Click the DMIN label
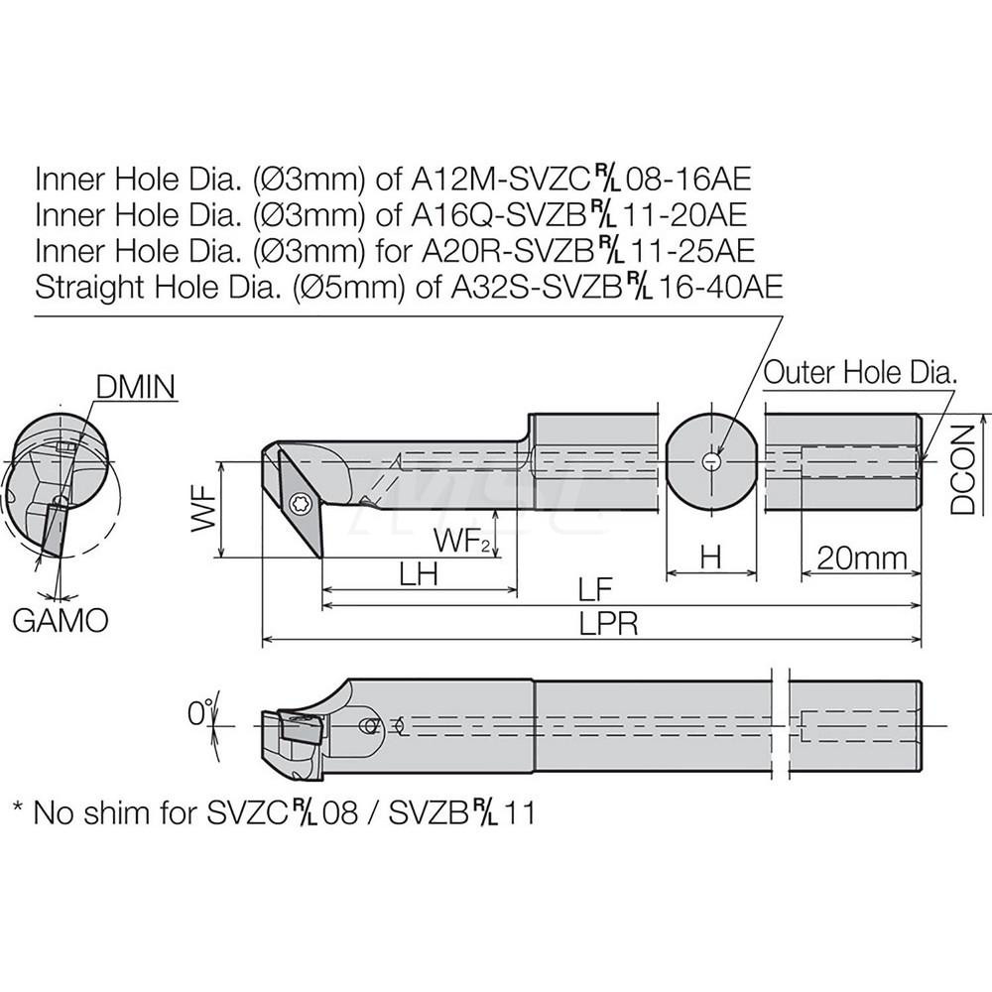137,386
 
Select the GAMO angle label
61,621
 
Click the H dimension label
709,558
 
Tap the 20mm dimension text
860,558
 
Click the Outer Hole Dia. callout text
860,372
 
